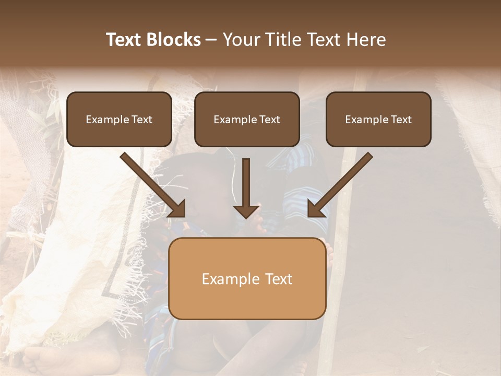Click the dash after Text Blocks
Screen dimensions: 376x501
point(211,40)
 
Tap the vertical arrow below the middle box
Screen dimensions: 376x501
point(246,183)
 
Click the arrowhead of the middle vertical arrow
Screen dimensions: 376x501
point(246,211)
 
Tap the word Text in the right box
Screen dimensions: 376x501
point(401,120)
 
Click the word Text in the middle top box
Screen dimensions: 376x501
point(270,120)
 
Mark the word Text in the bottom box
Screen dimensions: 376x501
point(280,279)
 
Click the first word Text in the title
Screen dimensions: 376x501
point(124,40)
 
